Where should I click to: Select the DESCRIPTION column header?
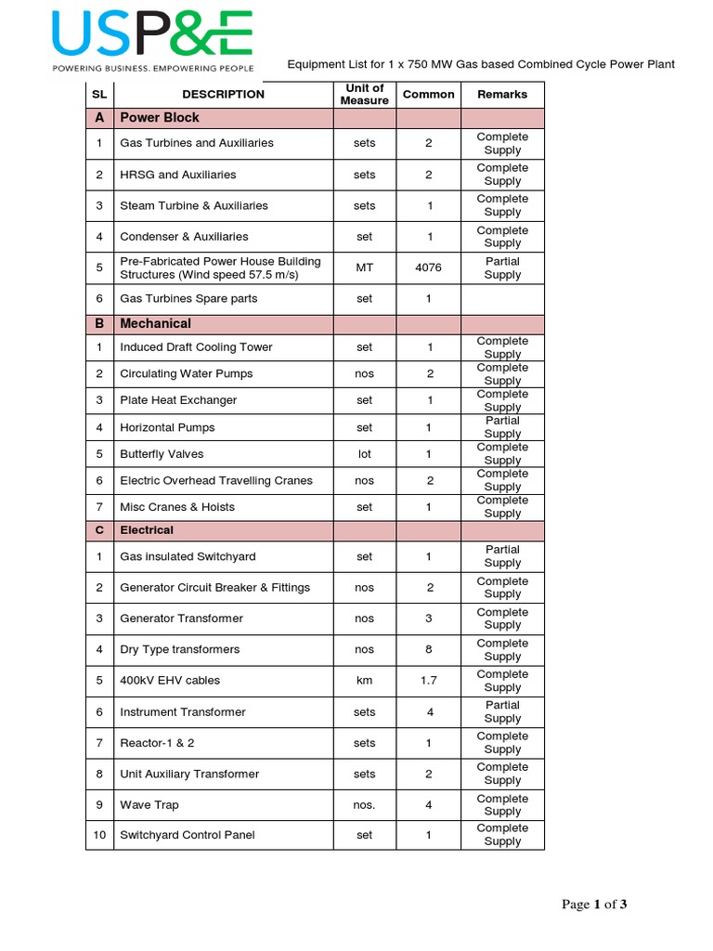[x=223, y=94]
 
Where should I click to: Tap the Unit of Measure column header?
[x=364, y=94]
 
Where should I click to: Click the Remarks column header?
[x=502, y=94]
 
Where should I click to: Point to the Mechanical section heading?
[x=155, y=323]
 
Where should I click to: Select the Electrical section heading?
[x=147, y=530]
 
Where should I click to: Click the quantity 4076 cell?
[x=428, y=267]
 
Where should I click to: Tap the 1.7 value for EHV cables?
[x=428, y=681]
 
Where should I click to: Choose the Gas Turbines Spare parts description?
[x=188, y=299]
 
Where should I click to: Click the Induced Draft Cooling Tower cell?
[x=196, y=347]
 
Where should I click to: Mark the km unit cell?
[x=364, y=681]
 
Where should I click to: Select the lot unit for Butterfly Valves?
[x=364, y=454]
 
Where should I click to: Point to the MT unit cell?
[x=364, y=267]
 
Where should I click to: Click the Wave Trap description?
[x=149, y=805]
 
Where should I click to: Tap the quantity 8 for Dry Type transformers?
[x=428, y=649]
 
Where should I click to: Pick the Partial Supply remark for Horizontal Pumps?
[x=502, y=427]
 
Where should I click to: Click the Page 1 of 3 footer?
[x=594, y=905]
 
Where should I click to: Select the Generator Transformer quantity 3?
[x=428, y=619]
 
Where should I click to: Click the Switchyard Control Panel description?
[x=188, y=835]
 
